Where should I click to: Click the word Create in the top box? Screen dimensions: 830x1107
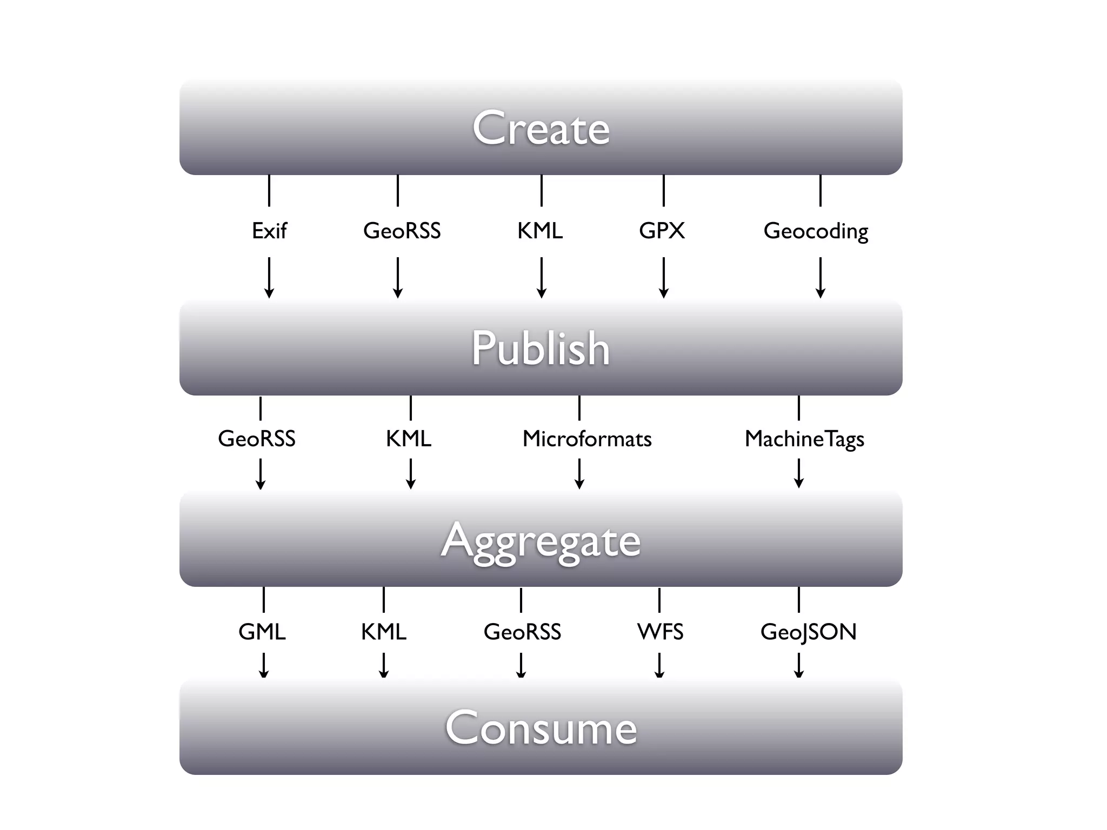coord(541,128)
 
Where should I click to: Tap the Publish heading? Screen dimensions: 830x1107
coord(541,348)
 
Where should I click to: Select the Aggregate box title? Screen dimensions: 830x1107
coord(541,541)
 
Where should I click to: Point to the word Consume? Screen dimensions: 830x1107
coord(541,728)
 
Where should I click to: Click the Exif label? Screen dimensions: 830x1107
coord(269,231)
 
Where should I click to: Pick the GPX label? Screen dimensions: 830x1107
coord(662,231)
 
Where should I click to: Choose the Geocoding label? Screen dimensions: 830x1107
coord(816,231)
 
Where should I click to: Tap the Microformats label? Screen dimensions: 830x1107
coord(587,439)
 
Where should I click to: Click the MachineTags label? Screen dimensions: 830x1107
coord(804,439)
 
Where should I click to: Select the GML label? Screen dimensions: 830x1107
coord(262,632)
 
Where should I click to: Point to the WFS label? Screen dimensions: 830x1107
coord(661,632)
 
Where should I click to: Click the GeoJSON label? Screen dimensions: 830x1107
coord(809,632)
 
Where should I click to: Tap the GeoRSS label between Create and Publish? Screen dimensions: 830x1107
coord(402,231)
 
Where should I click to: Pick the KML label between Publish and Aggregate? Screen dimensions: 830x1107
coord(409,439)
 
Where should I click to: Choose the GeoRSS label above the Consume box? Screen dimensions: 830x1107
coord(522,632)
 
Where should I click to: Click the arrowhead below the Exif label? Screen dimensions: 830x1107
coord(269,293)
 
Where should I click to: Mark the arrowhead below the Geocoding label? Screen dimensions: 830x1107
coord(821,293)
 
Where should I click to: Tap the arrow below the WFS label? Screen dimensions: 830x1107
coord(659,666)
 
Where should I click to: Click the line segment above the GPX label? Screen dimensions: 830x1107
coord(664,190)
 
